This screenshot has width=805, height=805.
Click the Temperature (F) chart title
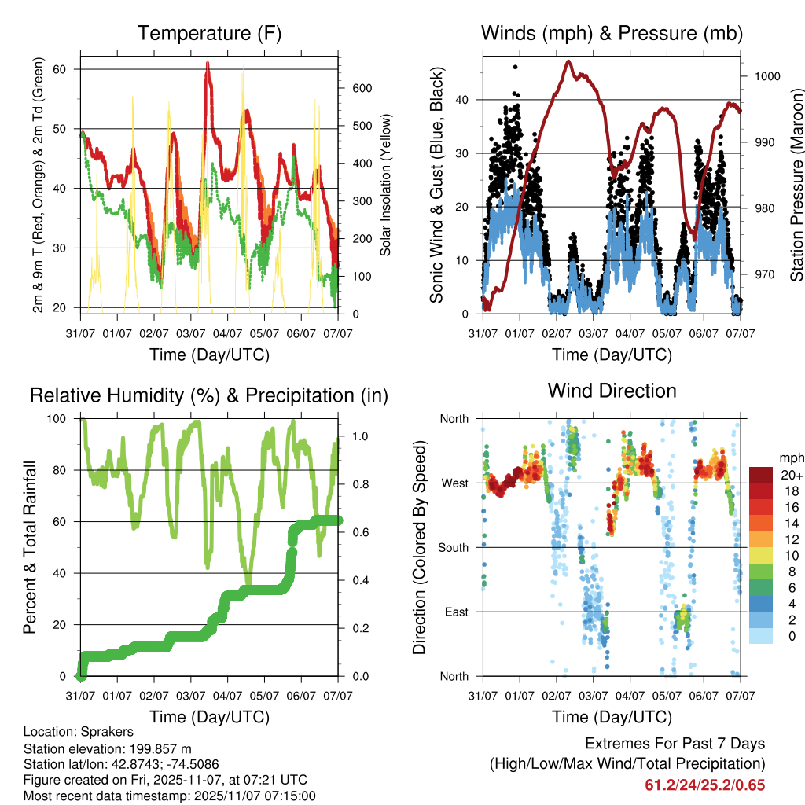click(x=209, y=34)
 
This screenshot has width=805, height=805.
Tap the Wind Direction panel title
click(x=612, y=391)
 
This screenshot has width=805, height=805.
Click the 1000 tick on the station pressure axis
click(x=766, y=76)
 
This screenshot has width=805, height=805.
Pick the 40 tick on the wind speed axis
click(x=465, y=100)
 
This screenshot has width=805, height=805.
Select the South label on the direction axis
click(x=454, y=547)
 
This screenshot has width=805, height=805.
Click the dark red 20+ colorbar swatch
click(x=760, y=476)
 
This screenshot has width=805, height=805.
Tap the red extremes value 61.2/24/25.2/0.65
click(x=704, y=785)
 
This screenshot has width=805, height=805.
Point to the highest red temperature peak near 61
click(x=208, y=64)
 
